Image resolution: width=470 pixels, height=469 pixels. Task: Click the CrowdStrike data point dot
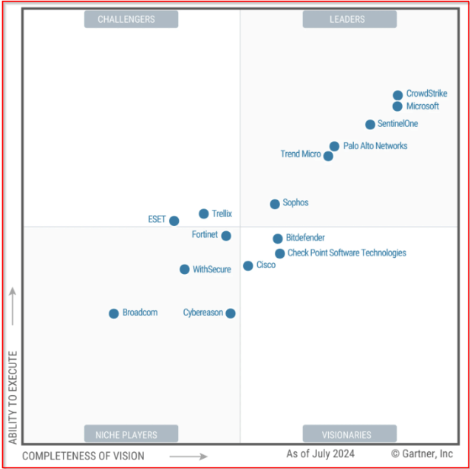(398, 95)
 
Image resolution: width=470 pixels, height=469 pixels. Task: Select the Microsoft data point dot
(398, 106)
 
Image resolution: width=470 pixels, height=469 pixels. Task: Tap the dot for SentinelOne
(370, 124)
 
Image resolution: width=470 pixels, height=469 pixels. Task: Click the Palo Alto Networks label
(375, 146)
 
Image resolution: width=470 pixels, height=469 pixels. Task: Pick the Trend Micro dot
(329, 156)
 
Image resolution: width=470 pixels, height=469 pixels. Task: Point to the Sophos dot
(275, 204)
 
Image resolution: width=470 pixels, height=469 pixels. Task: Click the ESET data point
(174, 221)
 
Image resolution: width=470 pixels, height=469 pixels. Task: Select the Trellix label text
(222, 214)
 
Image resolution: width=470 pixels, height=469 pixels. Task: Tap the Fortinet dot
(226, 236)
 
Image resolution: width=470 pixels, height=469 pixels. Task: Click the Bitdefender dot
(278, 239)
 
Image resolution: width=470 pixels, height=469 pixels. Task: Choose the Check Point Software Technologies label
(347, 253)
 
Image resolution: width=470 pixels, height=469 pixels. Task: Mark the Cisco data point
(248, 266)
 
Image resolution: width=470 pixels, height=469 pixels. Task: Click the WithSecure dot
(185, 270)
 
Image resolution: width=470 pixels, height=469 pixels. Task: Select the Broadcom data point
(114, 313)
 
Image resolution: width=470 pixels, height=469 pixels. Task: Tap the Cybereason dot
(231, 313)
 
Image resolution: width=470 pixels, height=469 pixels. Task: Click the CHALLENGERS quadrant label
(131, 20)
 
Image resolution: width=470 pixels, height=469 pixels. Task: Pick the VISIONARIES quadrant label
(349, 434)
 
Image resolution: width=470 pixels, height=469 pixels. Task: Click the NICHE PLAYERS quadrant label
(131, 434)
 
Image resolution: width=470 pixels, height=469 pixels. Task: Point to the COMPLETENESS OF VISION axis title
(84, 456)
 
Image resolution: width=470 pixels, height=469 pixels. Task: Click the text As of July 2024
(320, 453)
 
